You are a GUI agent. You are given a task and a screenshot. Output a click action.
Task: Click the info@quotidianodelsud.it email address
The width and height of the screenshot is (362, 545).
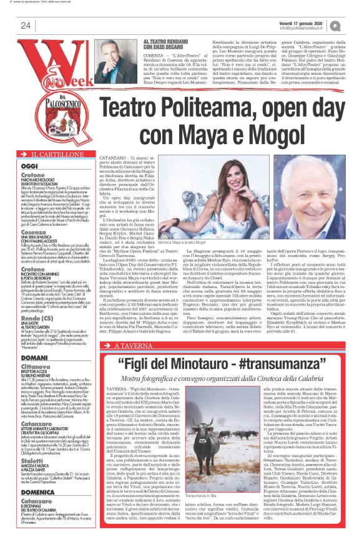tap(303, 28)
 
